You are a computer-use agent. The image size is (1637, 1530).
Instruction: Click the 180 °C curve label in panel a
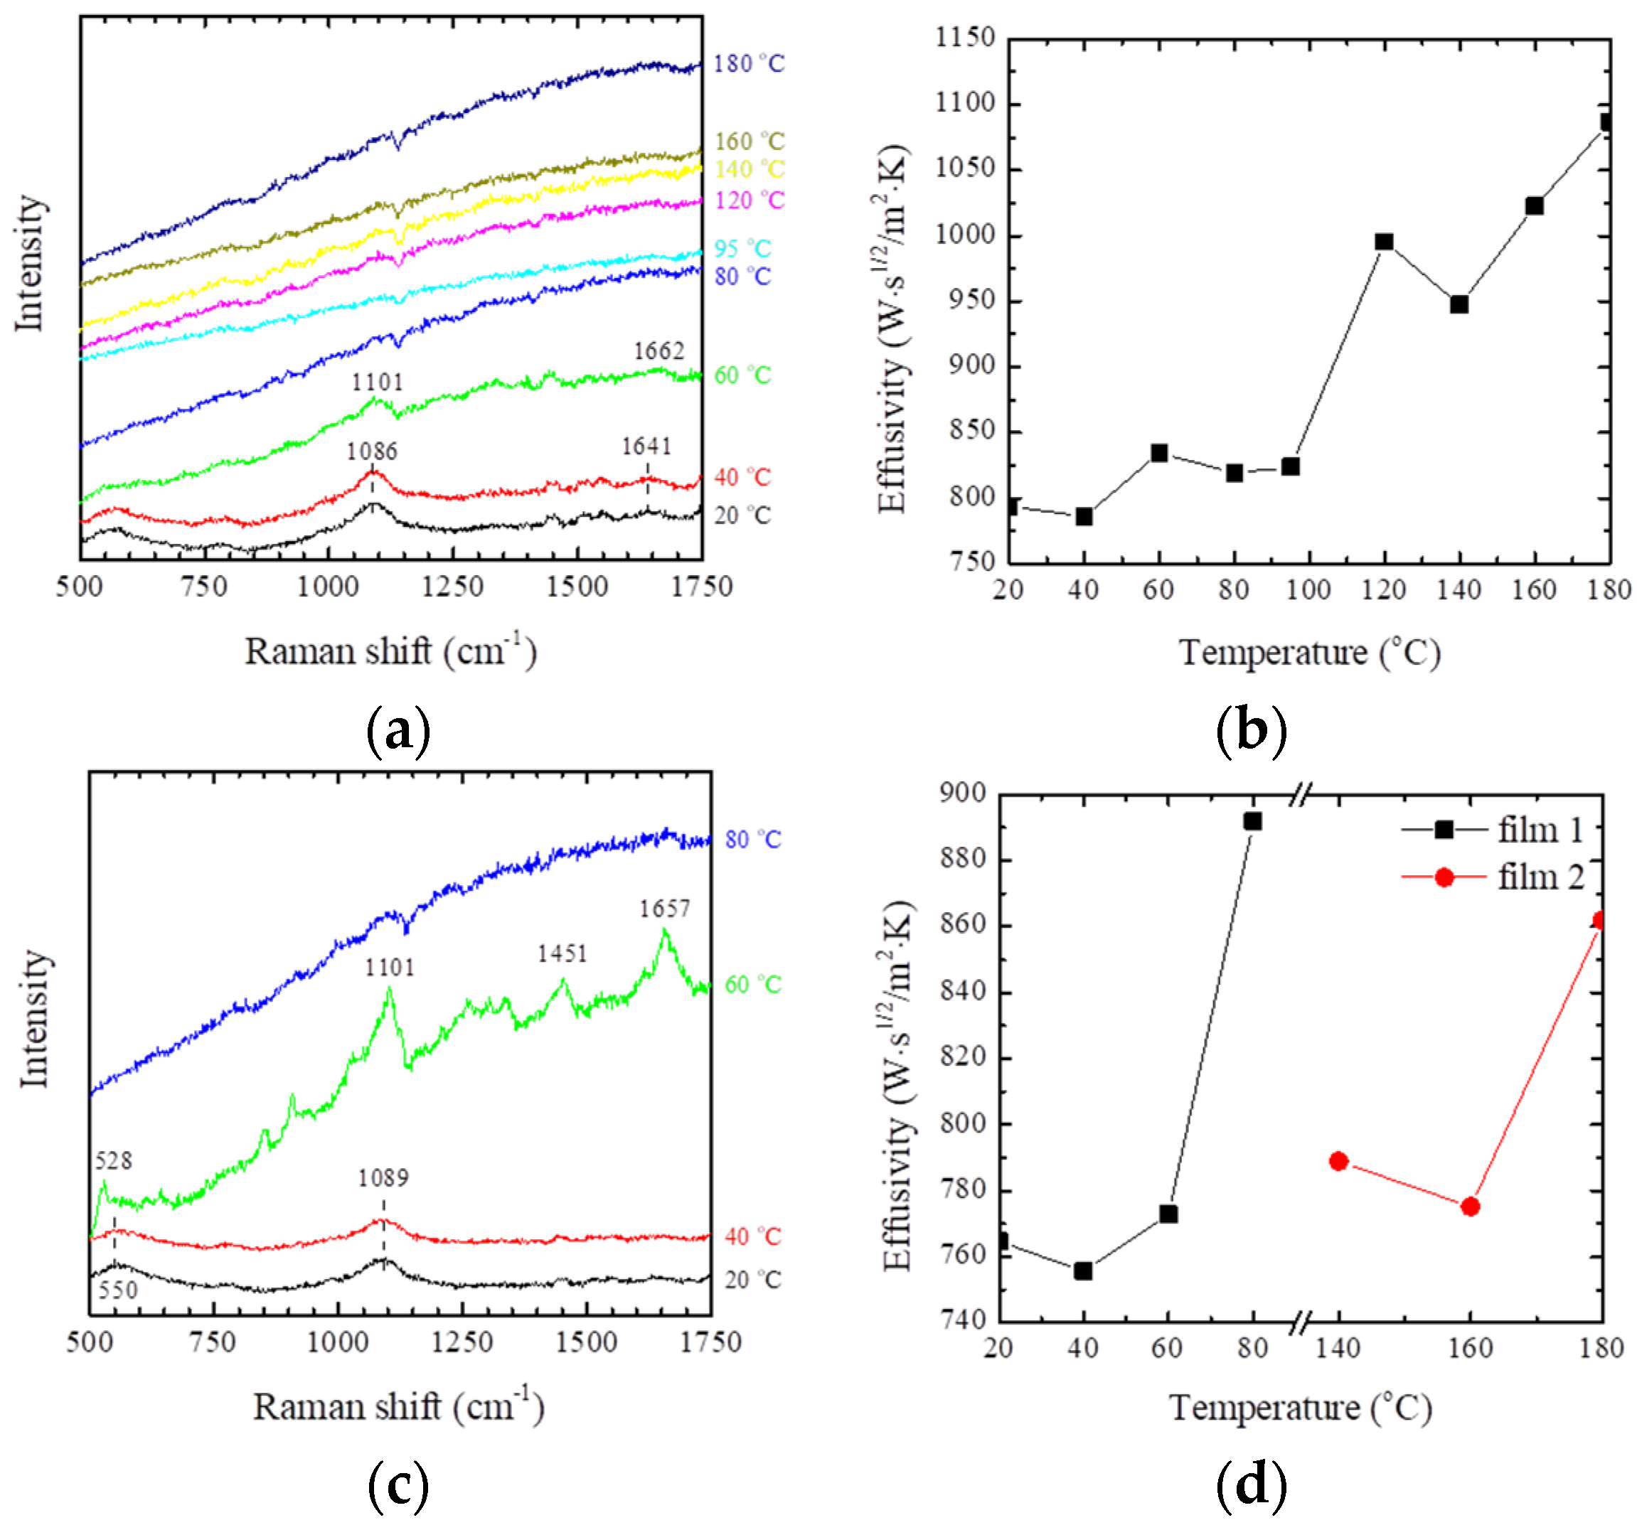coord(749,63)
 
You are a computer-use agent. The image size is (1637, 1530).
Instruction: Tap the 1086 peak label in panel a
coord(371,451)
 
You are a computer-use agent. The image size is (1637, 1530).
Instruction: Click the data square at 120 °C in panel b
coord(1383,241)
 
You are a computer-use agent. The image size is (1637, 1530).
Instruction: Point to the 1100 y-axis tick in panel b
coord(965,103)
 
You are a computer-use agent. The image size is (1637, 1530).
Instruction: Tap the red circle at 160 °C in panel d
coord(1470,1207)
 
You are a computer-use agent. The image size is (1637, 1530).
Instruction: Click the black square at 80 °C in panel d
coord(1252,821)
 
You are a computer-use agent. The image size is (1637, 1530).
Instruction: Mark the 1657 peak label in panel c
coord(664,909)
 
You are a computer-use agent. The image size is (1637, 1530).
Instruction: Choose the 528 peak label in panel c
coord(113,1160)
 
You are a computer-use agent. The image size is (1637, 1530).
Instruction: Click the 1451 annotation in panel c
coord(562,953)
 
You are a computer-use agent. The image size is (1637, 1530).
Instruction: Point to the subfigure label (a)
coord(398,730)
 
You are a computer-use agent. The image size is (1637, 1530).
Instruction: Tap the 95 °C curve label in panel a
coord(742,248)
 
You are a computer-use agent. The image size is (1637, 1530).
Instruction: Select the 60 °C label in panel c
coord(752,984)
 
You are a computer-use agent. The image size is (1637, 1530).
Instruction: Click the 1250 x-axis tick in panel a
coord(452,587)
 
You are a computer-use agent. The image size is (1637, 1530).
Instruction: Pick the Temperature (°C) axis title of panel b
coord(1309,652)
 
